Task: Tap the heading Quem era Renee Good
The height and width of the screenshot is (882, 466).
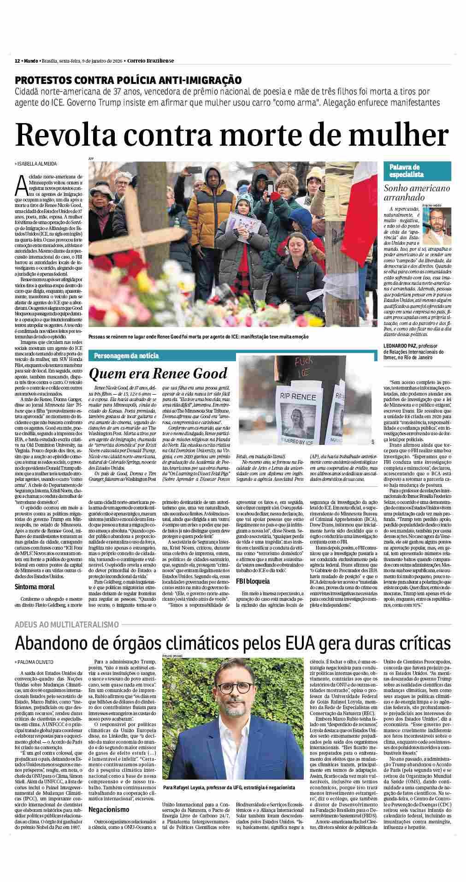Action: [158, 373]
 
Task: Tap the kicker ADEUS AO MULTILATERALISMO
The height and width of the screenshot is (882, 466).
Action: [67, 624]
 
